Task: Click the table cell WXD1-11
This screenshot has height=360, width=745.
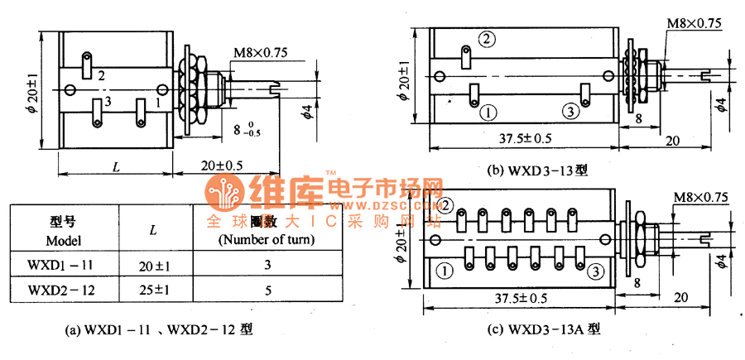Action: click(x=60, y=265)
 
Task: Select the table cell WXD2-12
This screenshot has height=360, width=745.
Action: click(x=60, y=290)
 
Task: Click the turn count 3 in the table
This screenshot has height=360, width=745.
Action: click(x=266, y=265)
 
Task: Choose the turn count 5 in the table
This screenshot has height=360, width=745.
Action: click(x=266, y=290)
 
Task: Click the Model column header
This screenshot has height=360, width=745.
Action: click(x=62, y=229)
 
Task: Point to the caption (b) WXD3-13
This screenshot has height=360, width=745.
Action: click(x=537, y=172)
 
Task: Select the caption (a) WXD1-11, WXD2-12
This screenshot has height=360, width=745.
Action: click(x=160, y=329)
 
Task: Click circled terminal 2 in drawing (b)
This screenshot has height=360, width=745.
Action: click(x=486, y=38)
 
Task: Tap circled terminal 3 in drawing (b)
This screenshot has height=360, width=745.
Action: click(x=570, y=111)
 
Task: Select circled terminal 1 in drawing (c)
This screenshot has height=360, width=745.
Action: click(x=445, y=270)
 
